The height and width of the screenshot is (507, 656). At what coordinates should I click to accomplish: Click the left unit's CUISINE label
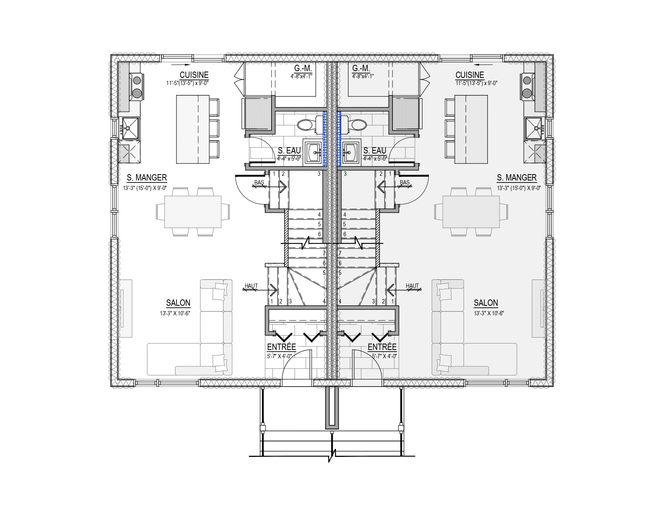coord(194,75)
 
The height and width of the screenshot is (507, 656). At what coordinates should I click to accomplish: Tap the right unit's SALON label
coord(486,303)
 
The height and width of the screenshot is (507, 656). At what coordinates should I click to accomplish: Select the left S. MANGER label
coord(147,178)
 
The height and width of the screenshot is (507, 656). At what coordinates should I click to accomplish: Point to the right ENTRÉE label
coord(382,347)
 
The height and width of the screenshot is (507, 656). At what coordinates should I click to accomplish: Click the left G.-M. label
coord(303,68)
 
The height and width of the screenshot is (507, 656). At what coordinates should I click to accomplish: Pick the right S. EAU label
coord(375,151)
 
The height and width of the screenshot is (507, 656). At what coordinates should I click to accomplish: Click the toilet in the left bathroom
coord(309,124)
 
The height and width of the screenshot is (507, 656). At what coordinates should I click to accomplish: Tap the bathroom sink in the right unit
coord(351,152)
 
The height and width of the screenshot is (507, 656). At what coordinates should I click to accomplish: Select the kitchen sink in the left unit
coord(130,128)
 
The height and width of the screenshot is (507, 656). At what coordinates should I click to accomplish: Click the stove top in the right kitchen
coord(528,87)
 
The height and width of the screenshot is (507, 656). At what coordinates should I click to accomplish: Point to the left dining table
coord(192,212)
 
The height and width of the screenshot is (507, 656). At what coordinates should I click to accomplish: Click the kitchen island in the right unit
coord(471,129)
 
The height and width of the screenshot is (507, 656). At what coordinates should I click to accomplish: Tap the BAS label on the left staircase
coord(259,183)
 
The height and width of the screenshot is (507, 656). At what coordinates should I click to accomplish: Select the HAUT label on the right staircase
coord(412,286)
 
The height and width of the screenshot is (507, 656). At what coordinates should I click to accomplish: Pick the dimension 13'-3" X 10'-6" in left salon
coord(175,313)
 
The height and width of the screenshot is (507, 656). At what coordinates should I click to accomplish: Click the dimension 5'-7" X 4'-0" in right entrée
coord(384,356)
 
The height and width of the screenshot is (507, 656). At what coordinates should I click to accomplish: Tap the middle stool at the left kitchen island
coord(214,128)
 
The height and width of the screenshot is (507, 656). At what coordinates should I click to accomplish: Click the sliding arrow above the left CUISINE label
coord(180,65)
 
